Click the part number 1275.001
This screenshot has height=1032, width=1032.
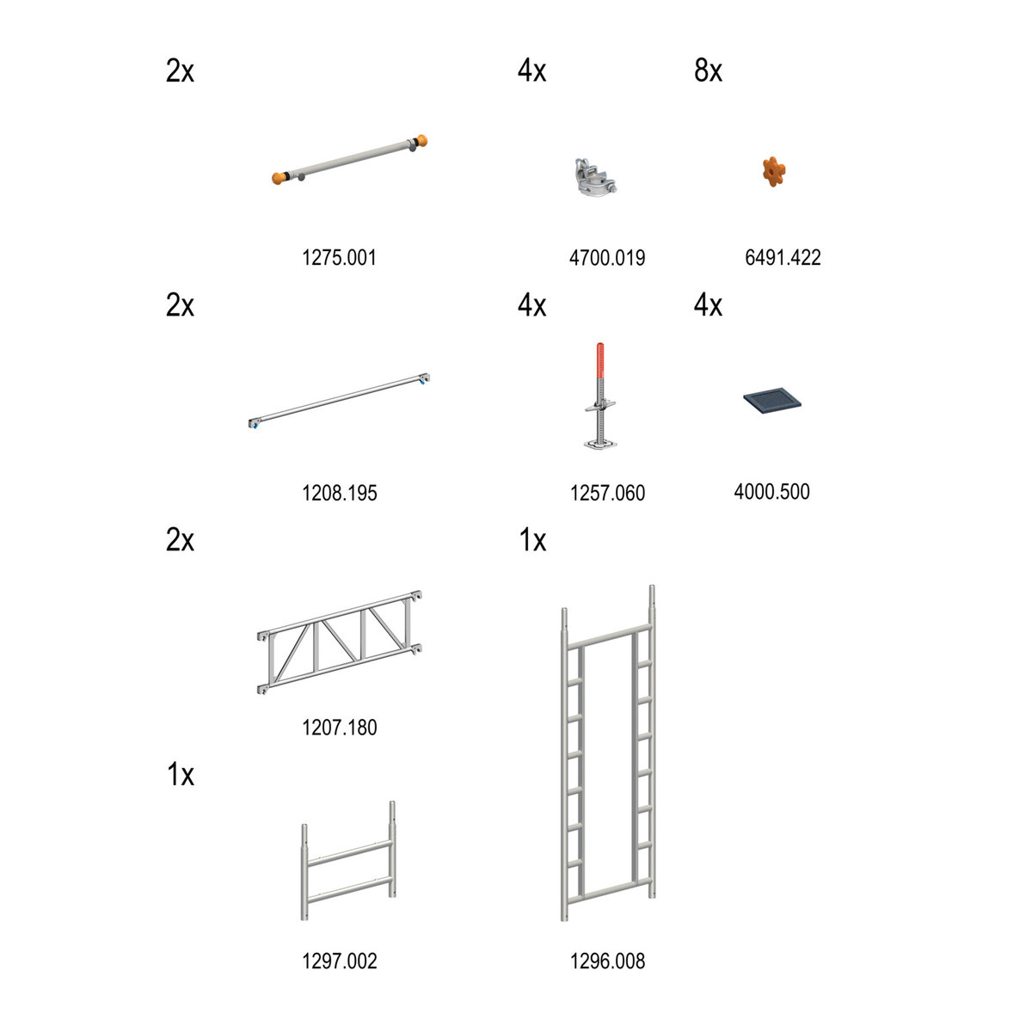339,258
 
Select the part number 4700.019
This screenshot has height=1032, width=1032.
607,258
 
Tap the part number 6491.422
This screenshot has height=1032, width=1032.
783,258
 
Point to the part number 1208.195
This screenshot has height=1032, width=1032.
340,493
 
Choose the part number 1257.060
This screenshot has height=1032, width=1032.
607,493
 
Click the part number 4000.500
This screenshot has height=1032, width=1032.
771,491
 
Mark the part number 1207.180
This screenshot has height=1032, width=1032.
340,728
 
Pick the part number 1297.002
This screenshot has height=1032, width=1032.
340,961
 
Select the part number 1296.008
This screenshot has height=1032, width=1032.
607,961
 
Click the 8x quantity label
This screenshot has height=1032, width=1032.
708,71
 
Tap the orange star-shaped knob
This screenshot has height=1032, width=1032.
774,171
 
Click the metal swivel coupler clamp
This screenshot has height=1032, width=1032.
595,176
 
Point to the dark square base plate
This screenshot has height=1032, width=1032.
771,400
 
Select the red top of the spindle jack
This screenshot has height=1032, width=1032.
600,359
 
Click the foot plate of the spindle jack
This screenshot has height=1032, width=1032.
599,444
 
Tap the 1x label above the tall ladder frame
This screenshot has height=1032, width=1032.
532,539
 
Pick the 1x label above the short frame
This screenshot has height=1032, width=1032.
181,774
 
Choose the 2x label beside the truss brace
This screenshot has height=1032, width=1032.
180,539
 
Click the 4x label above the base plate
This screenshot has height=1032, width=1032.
708,304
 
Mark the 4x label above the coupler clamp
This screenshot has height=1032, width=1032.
531,71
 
